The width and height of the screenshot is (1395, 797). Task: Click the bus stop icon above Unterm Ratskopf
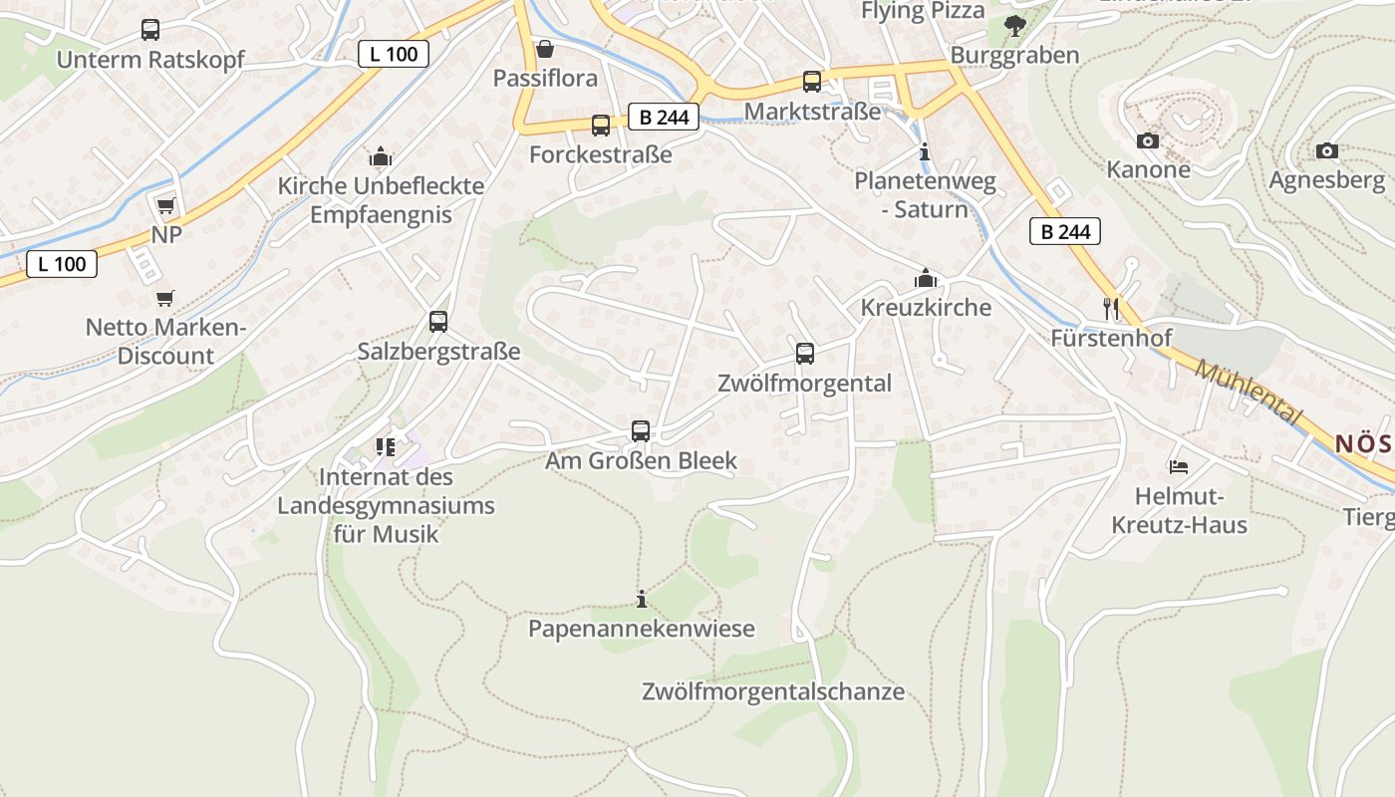click(150, 30)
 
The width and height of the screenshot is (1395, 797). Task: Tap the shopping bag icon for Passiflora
click(545, 49)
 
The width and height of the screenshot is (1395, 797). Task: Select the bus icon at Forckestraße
click(600, 126)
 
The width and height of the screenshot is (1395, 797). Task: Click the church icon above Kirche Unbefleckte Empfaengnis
click(381, 156)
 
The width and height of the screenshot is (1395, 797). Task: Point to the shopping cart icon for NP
click(165, 206)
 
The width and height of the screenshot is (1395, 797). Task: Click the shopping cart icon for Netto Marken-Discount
click(165, 298)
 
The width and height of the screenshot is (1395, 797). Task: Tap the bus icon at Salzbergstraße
click(438, 322)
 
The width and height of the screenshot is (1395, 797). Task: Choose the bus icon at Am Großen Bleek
click(641, 431)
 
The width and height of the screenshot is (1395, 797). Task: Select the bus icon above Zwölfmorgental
click(805, 354)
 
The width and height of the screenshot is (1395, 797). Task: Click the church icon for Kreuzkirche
click(926, 278)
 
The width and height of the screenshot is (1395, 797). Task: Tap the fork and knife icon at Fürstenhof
click(1111, 309)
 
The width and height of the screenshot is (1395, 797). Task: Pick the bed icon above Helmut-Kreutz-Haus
click(1178, 466)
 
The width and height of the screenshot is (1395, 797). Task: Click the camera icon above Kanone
click(1148, 141)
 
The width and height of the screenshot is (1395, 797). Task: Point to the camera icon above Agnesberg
click(1327, 151)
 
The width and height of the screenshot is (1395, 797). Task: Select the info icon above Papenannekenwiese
click(642, 600)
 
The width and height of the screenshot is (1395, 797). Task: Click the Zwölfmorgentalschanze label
click(773, 691)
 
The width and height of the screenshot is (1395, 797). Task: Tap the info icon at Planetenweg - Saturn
click(925, 152)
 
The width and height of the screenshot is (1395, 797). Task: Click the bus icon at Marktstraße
click(812, 82)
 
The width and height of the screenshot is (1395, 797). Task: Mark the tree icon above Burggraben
click(1015, 26)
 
